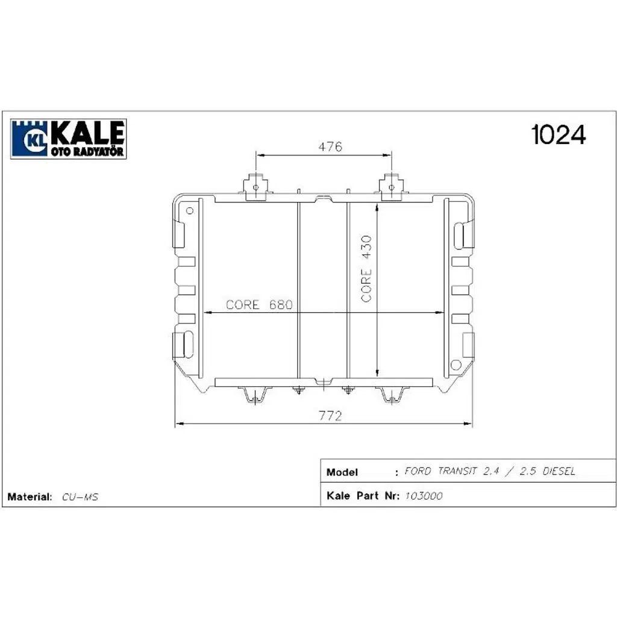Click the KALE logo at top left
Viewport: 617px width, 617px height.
pyautogui.click(x=69, y=139)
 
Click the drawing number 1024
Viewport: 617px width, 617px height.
pyautogui.click(x=559, y=135)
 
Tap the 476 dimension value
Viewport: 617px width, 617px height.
pyautogui.click(x=330, y=146)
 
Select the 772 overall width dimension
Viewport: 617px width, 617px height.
pyautogui.click(x=330, y=416)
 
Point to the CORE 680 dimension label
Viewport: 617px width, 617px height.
pyautogui.click(x=259, y=304)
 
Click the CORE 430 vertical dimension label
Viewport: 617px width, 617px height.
pyautogui.click(x=366, y=269)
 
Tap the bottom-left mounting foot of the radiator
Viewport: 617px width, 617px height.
pyautogui.click(x=255, y=395)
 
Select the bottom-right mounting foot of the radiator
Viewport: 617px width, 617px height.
pyautogui.click(x=392, y=395)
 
